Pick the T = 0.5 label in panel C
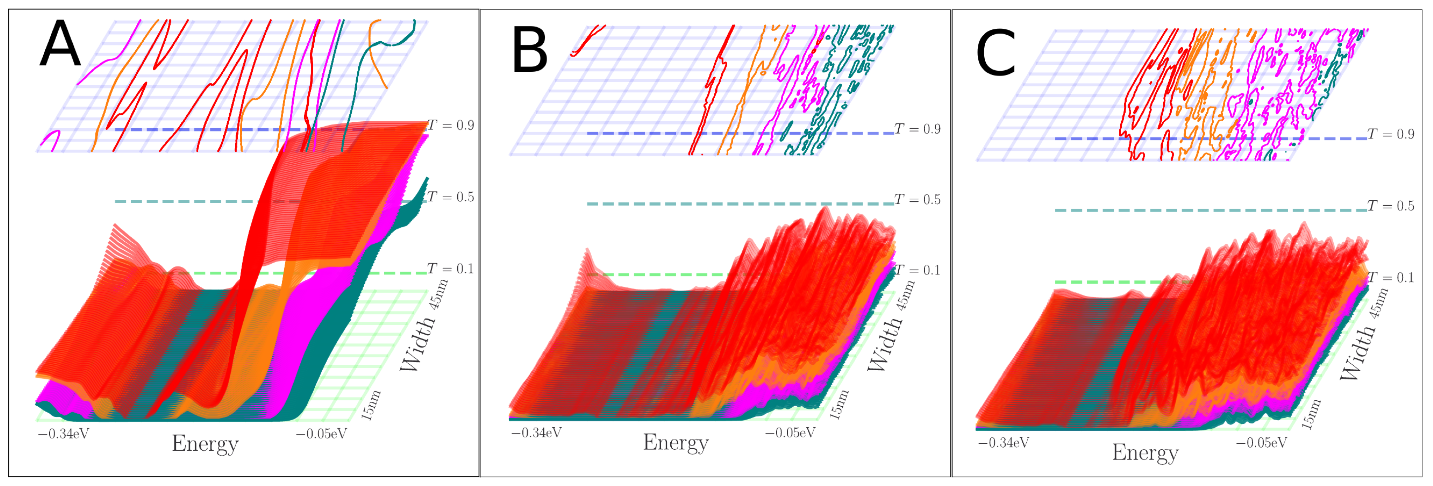click(1390, 206)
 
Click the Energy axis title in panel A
click(205, 444)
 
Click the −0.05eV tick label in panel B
click(790, 433)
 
